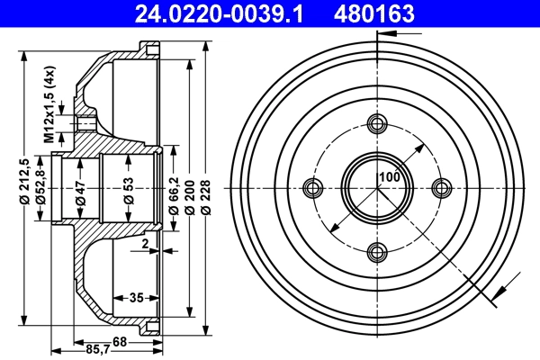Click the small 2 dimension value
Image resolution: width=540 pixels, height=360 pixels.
pyautogui.click(x=143, y=244)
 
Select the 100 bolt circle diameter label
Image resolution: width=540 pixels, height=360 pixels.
pyautogui.click(x=388, y=177)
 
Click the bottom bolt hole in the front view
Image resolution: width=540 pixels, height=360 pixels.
pyautogui.click(x=377, y=250)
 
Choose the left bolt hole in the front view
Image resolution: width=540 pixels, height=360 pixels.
pyautogui.click(x=313, y=187)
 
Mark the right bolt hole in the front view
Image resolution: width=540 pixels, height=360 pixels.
pyautogui.click(x=441, y=187)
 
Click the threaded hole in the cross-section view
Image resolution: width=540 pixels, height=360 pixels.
pyautogui.click(x=85, y=123)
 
